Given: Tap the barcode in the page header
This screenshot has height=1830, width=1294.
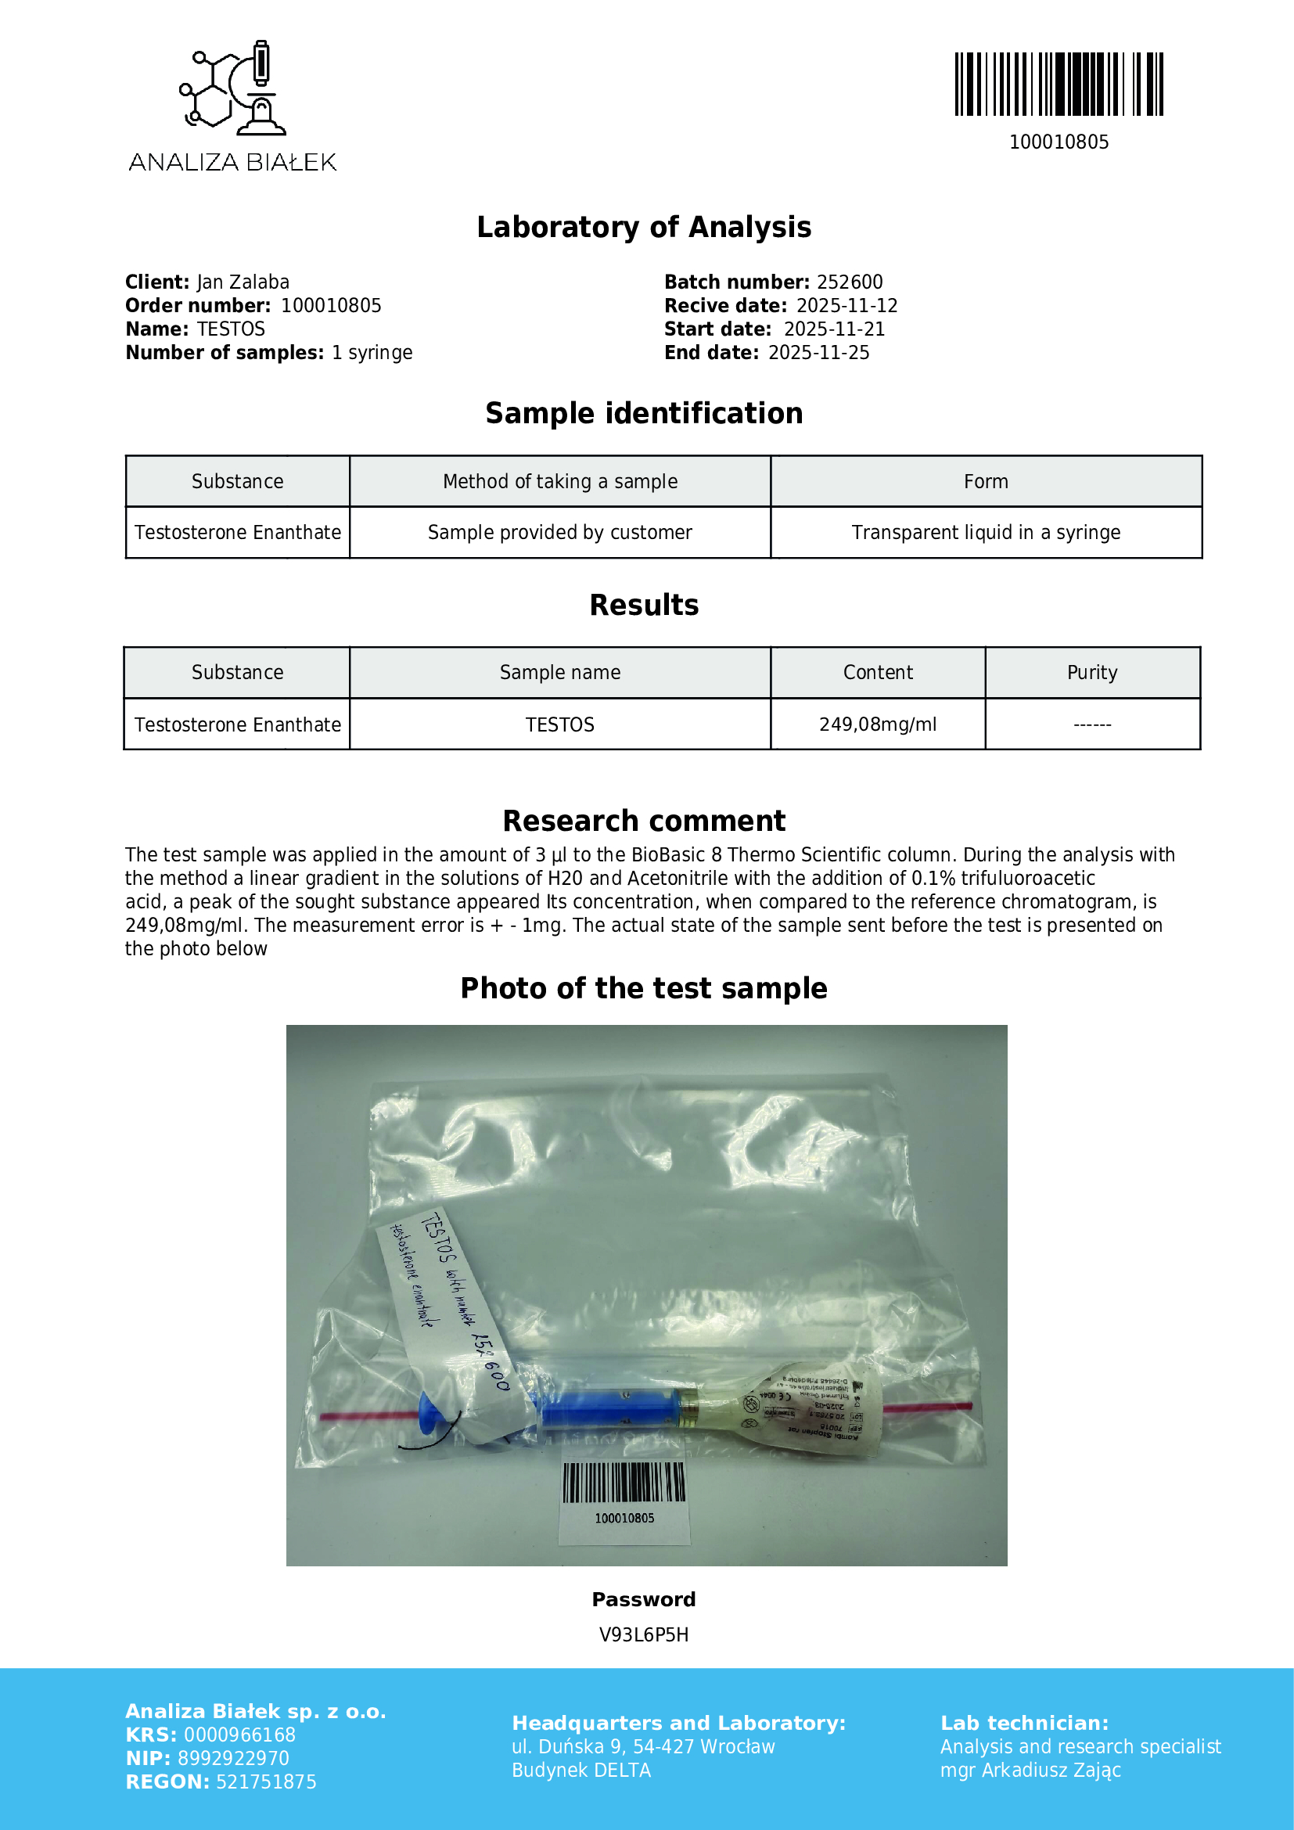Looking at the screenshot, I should point(1059,84).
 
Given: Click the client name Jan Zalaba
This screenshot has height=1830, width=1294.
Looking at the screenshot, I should point(243,282).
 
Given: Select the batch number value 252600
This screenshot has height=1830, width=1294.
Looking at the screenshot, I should point(850,282).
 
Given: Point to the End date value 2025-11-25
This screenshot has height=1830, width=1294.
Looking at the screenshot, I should point(818,353).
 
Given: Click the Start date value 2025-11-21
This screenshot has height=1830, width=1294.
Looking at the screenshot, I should point(834,329).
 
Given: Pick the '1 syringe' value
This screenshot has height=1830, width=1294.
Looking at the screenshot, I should point(372,353).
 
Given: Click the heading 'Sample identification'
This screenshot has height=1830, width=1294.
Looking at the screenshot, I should point(644,414).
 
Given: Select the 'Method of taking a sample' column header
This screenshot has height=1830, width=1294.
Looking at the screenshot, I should point(560,481).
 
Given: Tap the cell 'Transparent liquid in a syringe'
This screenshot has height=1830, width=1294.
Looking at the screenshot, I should point(986,533).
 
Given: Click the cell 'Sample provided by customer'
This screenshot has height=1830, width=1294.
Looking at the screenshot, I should point(560,533).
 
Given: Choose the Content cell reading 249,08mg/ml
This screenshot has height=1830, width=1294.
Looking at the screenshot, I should point(877,724).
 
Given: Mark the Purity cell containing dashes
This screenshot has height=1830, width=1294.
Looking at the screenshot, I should point(1091,724).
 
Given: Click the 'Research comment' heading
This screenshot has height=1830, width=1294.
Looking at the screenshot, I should point(644,821).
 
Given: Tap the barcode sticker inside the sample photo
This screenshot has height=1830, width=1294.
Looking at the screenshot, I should point(624,1490).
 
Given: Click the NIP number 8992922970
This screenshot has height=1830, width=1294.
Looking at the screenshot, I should point(233,1758).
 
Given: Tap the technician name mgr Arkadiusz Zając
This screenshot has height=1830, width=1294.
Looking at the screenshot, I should point(1030,1771).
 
